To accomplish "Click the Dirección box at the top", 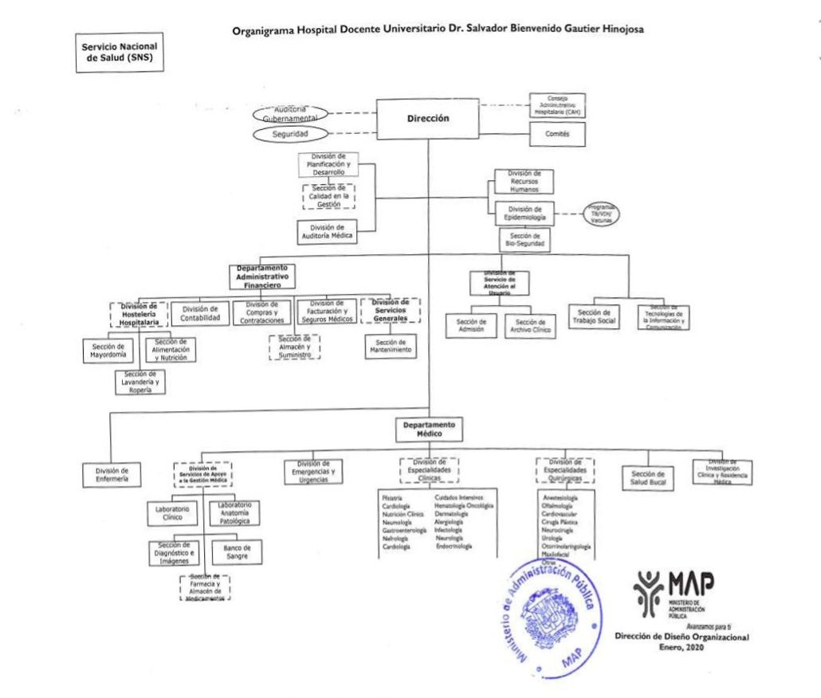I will coord(429,119).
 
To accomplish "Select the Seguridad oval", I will coord(292,134).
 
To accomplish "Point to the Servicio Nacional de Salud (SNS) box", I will coord(118,53).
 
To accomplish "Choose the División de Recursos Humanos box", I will coord(524,182).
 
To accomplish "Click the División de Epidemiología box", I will coord(524,214).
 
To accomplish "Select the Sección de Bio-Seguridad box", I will coord(524,241).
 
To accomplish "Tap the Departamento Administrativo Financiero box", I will coord(261,276).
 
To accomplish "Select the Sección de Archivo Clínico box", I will coord(533,326).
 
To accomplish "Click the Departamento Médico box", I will coord(429,429).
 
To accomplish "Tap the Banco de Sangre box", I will coord(237,552).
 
